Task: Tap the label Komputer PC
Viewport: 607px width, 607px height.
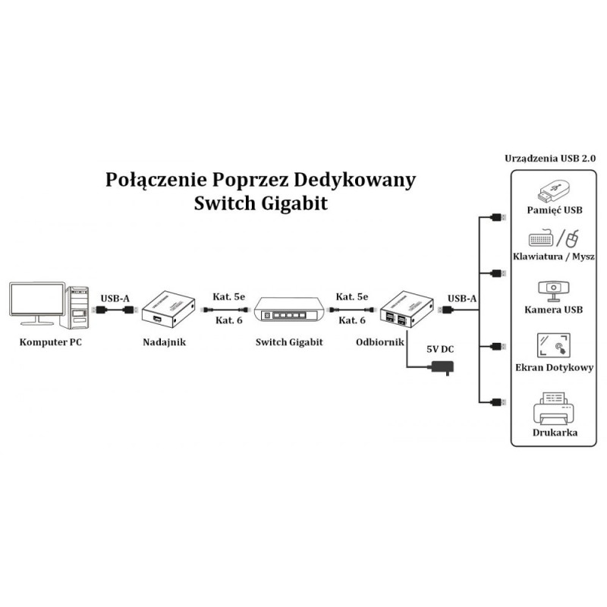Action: click(x=50, y=342)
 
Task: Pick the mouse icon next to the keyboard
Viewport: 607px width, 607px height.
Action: click(x=573, y=238)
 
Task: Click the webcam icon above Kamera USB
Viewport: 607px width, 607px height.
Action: click(x=553, y=290)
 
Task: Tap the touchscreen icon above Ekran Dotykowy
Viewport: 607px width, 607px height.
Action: click(x=553, y=345)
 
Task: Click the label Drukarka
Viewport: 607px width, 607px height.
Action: click(x=554, y=432)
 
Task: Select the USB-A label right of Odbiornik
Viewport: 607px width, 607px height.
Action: click(x=462, y=298)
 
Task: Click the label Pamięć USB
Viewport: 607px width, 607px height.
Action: click(x=554, y=209)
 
